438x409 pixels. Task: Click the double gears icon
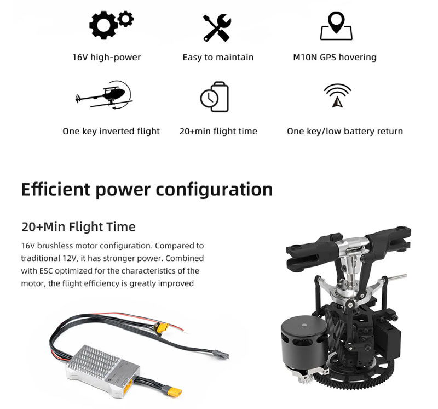(111, 25)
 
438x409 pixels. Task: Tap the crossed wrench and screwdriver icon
(217, 28)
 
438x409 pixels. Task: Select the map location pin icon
(336, 26)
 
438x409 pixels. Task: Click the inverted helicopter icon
(104, 95)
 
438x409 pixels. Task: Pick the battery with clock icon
(215, 97)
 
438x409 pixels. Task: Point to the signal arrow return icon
(337, 95)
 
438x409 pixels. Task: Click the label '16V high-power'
(106, 58)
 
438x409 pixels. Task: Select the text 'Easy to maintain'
(218, 58)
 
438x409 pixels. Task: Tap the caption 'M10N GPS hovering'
(335, 58)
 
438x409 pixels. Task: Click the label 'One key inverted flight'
(111, 131)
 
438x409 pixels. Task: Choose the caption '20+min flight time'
(218, 131)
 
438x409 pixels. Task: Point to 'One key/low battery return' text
(345, 131)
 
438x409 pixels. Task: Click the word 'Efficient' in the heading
(56, 189)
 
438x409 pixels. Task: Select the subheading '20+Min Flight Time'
(78, 226)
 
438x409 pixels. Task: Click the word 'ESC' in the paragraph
(46, 271)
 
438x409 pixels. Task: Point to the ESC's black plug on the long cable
(221, 354)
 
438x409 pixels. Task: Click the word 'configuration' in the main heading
(214, 190)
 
